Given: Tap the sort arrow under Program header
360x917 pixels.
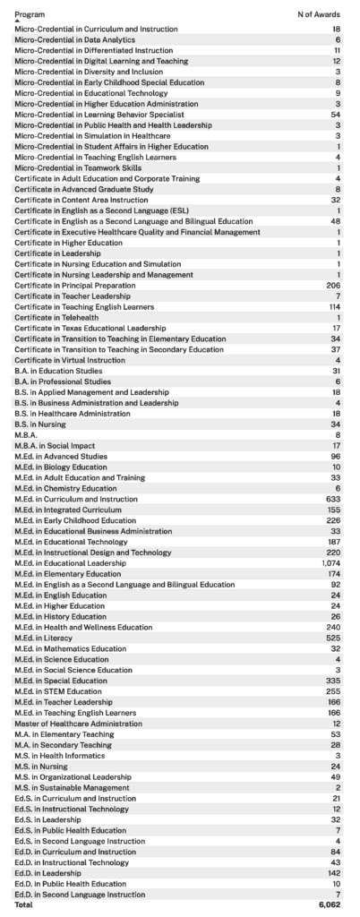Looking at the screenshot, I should [17, 22].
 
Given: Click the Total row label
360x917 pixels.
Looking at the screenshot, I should [24, 904].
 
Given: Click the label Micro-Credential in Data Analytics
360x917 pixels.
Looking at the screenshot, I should [74, 40].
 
